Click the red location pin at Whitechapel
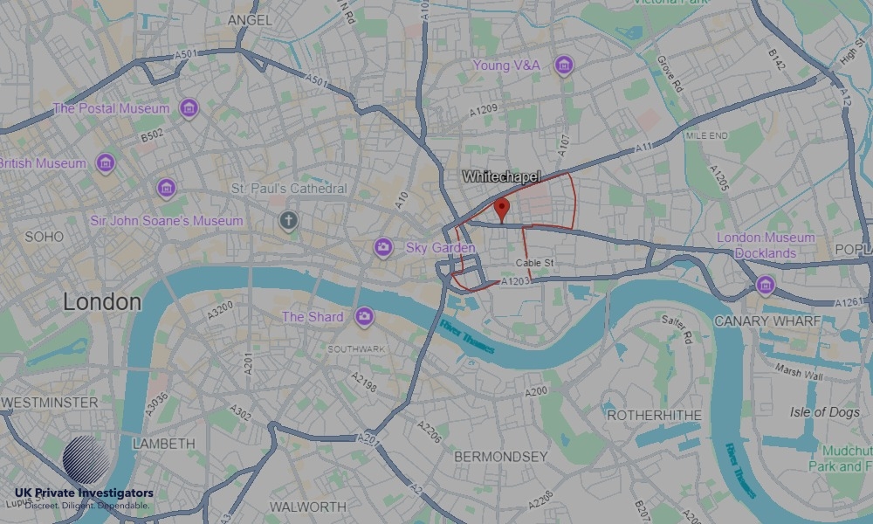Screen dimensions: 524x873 502,209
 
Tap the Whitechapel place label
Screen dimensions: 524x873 501,176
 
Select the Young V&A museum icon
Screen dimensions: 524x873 564,65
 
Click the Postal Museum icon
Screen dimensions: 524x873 188,108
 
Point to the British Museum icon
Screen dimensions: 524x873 106,163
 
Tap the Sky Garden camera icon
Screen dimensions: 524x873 382,247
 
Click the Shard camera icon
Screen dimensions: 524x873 364,316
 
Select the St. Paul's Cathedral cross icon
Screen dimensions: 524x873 289,221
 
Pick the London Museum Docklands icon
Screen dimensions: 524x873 766,285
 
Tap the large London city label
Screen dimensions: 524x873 101,302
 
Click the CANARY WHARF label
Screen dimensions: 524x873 767,321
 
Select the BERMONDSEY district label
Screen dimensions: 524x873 501,457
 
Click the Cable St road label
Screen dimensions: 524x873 534,263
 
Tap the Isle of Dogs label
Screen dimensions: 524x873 824,411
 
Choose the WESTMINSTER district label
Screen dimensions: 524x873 50,403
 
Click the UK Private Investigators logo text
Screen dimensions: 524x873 84,494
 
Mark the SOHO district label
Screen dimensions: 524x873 44,237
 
